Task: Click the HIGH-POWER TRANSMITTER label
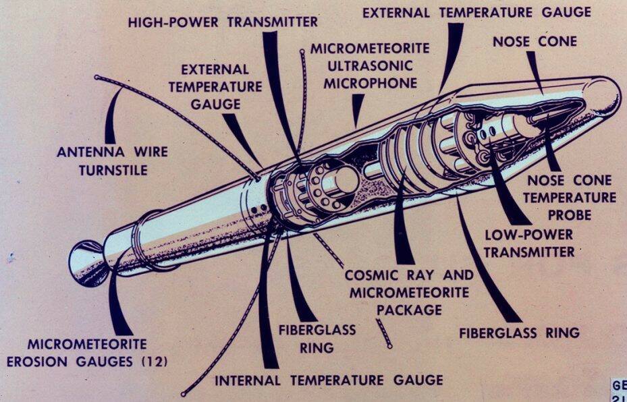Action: click(x=223, y=22)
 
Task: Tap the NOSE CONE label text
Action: click(x=535, y=42)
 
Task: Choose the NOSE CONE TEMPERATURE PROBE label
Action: click(x=571, y=198)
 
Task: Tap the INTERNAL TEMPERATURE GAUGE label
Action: click(x=329, y=380)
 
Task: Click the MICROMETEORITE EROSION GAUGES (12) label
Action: click(x=87, y=353)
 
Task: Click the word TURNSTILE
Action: click(x=113, y=170)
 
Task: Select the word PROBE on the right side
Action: click(x=570, y=214)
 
